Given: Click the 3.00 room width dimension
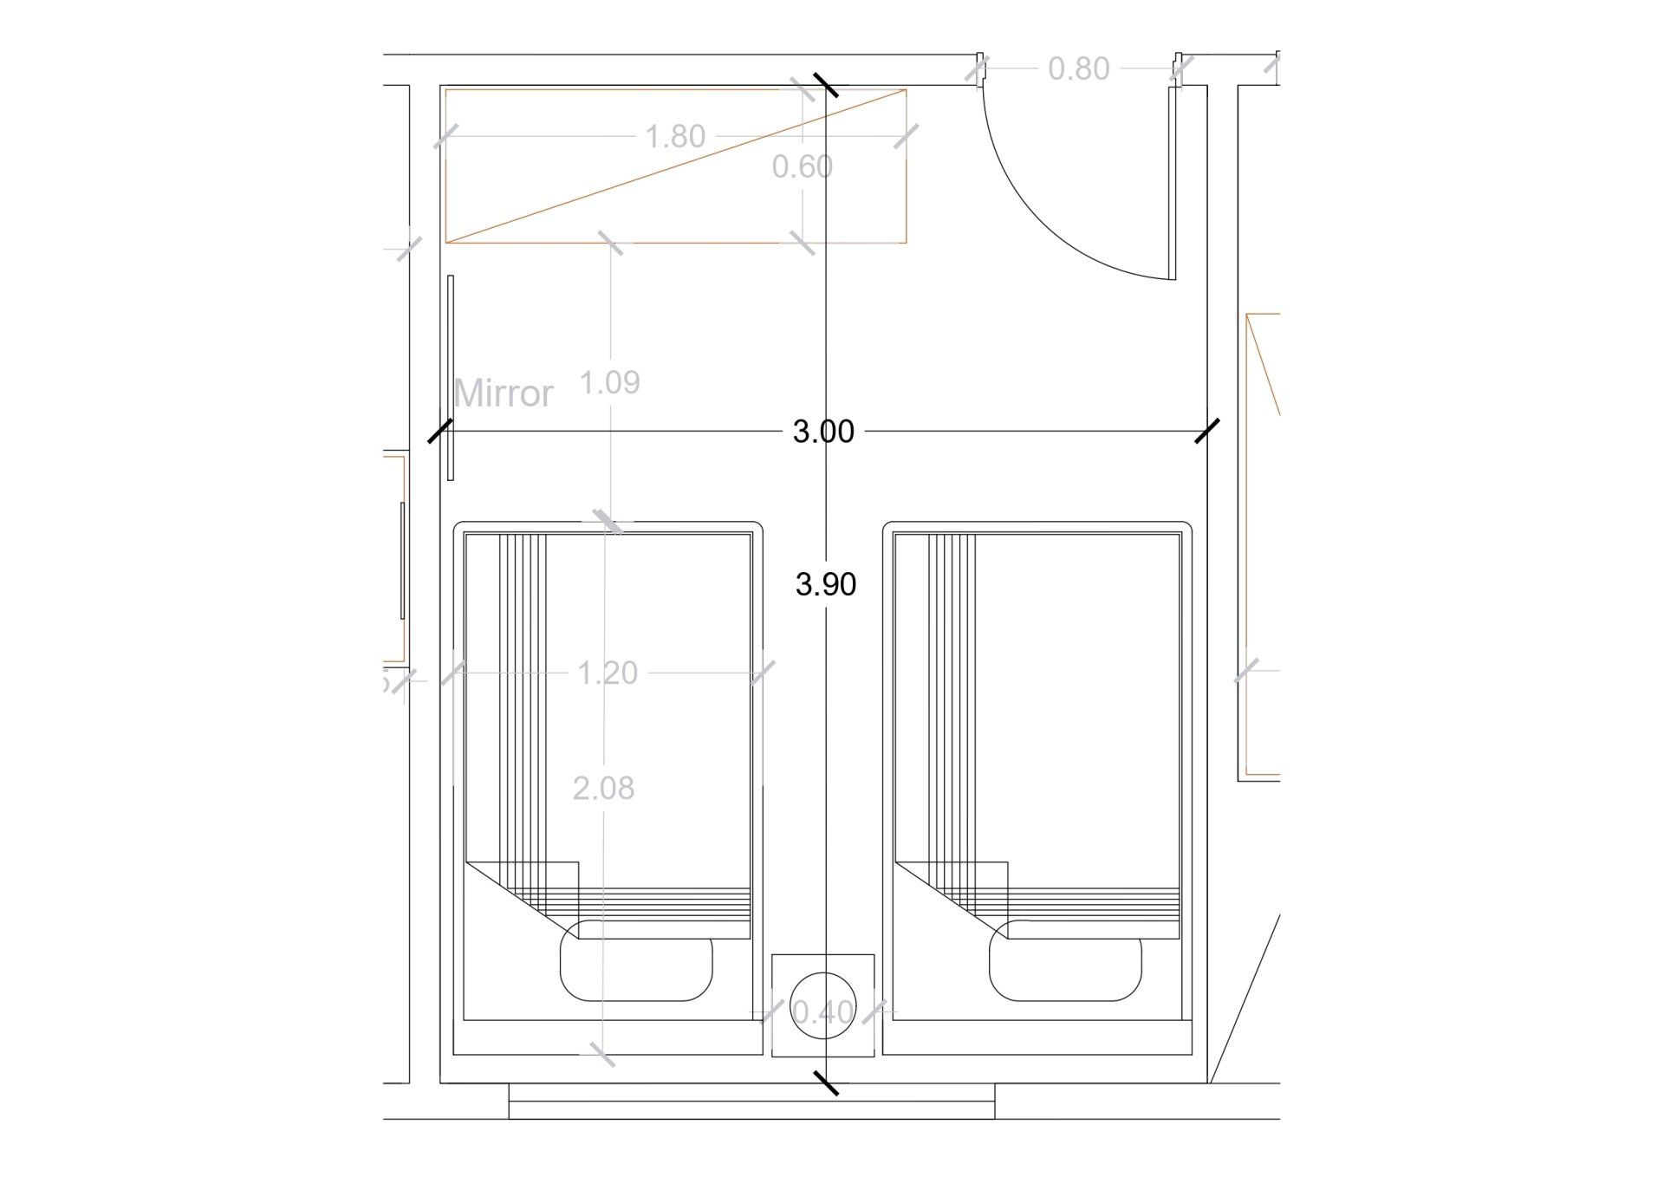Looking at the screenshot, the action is click(823, 431).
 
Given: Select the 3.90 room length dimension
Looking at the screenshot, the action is click(826, 584).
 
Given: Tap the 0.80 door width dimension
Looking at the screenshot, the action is click(1078, 68).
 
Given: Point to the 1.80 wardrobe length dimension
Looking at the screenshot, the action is click(675, 136).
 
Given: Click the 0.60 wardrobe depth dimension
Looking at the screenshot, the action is click(803, 166).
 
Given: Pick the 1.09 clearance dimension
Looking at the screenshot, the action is click(609, 381).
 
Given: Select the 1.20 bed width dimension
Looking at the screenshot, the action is click(608, 673).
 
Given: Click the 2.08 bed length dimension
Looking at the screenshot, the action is click(603, 788).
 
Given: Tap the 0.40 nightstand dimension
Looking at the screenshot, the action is click(823, 1011).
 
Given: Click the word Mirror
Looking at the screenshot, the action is click(503, 393).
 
